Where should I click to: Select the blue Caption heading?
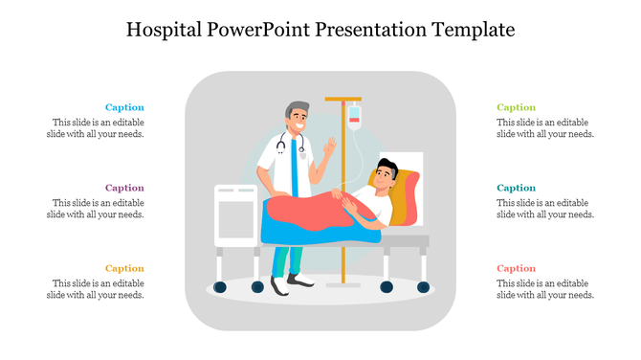(x=124, y=108)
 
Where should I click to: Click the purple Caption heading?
(x=124, y=189)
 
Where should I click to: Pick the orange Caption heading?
(x=124, y=269)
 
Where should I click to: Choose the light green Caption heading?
(x=517, y=108)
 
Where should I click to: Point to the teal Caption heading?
(x=517, y=189)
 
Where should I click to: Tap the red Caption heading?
(x=517, y=269)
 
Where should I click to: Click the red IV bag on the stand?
(x=354, y=117)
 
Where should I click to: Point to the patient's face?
(x=384, y=175)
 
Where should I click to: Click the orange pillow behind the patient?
(x=409, y=195)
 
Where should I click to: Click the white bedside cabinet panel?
(x=235, y=217)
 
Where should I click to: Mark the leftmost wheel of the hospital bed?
(x=221, y=286)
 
